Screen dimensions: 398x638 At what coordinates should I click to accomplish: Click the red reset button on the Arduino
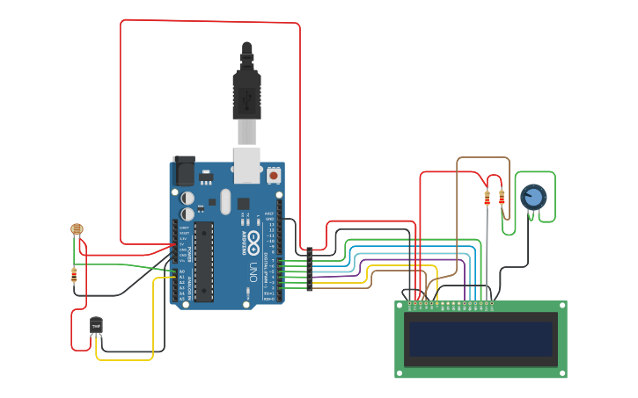point(274,176)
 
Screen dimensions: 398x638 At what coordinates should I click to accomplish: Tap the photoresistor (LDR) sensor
point(77,229)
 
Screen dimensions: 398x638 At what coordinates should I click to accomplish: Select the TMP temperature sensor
point(96,326)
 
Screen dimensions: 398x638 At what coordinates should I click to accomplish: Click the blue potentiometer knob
point(533,197)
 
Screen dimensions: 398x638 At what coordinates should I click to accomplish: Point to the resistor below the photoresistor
point(74,275)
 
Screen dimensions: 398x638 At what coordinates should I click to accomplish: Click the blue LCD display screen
point(480,338)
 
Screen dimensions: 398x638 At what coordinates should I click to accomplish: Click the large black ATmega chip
point(203,261)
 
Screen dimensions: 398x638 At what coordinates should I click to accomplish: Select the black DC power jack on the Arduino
point(184,170)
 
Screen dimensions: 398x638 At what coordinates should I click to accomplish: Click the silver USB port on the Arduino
point(246,165)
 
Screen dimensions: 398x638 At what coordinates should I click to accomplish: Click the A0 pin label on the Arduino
point(182,271)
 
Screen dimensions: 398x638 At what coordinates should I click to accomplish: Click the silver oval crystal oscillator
point(225,201)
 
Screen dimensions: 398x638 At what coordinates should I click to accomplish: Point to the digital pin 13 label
point(271,224)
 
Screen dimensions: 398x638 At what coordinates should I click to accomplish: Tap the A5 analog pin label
point(182,299)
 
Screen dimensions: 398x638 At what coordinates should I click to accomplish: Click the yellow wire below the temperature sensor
point(123,359)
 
